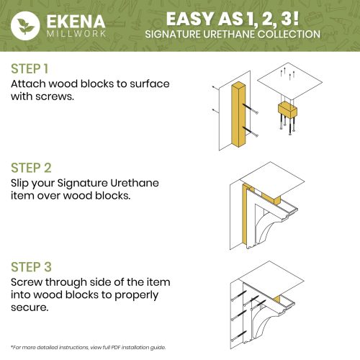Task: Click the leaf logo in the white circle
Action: pyautogui.click(x=25, y=25)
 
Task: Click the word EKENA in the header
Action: pyautogui.click(x=76, y=22)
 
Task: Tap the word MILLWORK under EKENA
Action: pyautogui.click(x=76, y=33)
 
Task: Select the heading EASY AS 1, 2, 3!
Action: pyautogui.click(x=233, y=19)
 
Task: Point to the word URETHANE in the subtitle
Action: pyautogui.click(x=229, y=34)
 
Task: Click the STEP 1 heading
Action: pyautogui.click(x=30, y=68)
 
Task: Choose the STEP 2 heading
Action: pyautogui.click(x=31, y=168)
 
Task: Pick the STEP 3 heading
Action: pyautogui.click(x=31, y=267)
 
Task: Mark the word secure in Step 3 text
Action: pyautogui.click(x=30, y=307)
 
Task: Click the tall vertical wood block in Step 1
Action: pyautogui.click(x=239, y=115)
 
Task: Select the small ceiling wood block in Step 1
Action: pyautogui.click(x=287, y=110)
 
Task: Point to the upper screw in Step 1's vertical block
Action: pyautogui.click(x=251, y=109)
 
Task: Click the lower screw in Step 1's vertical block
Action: pyautogui.click(x=251, y=132)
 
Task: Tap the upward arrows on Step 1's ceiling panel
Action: pyautogui.click(x=287, y=73)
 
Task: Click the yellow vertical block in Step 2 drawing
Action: pyautogui.click(x=245, y=215)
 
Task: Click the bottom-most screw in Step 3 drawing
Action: pyautogui.click(x=238, y=336)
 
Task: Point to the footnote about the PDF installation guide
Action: pyautogui.click(x=89, y=347)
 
